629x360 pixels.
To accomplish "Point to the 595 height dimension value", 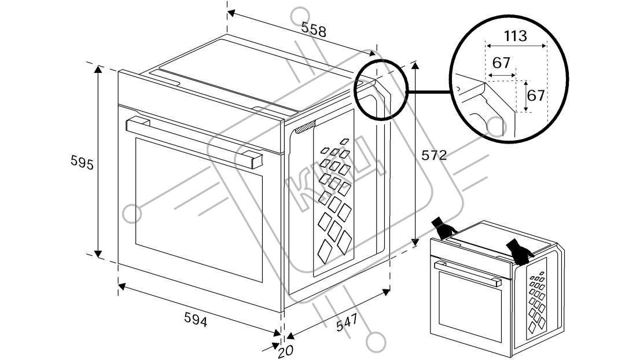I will click(82, 163).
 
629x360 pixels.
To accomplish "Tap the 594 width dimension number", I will click(195, 318).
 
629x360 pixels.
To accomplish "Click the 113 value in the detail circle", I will click(515, 36).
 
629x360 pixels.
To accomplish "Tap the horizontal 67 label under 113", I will click(501, 63).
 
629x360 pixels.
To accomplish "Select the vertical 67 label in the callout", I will click(536, 94).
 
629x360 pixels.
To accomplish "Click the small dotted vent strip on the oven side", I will click(305, 127).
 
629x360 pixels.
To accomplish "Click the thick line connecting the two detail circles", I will click(429, 91).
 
